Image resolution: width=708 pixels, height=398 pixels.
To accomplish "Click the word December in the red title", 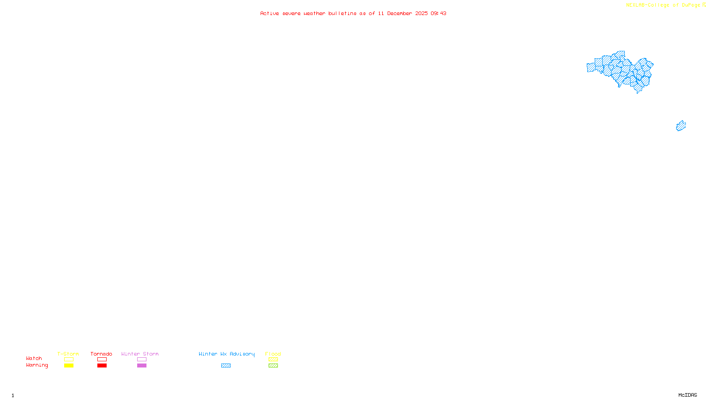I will [x=400, y=13].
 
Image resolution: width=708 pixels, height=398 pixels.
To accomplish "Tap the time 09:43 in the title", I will [x=439, y=13].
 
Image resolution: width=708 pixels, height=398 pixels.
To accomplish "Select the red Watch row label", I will [x=34, y=358].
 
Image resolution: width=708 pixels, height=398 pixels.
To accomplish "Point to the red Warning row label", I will [x=37, y=365].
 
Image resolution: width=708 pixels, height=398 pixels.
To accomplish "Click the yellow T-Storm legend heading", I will [x=68, y=354].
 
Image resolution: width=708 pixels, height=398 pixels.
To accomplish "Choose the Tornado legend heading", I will [x=101, y=354].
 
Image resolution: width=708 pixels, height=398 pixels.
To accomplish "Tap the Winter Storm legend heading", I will [x=140, y=354].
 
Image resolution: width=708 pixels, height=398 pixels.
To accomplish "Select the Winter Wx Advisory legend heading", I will [x=227, y=354].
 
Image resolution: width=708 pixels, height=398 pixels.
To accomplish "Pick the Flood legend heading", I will [x=273, y=354].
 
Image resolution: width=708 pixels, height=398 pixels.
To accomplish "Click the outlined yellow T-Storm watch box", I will [x=69, y=360].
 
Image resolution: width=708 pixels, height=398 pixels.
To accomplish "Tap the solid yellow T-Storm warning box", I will [x=69, y=366].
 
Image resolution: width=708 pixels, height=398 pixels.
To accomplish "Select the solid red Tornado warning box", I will [x=102, y=366].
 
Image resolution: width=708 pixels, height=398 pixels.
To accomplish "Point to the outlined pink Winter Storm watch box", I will [x=142, y=360].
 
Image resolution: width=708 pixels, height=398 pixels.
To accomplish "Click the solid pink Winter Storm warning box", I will [x=142, y=366].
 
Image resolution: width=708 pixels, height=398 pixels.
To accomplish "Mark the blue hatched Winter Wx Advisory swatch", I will [x=226, y=366].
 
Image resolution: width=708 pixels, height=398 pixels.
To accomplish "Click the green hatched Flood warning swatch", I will [x=273, y=366].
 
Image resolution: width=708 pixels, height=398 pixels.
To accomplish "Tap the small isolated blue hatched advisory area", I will [x=681, y=126].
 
